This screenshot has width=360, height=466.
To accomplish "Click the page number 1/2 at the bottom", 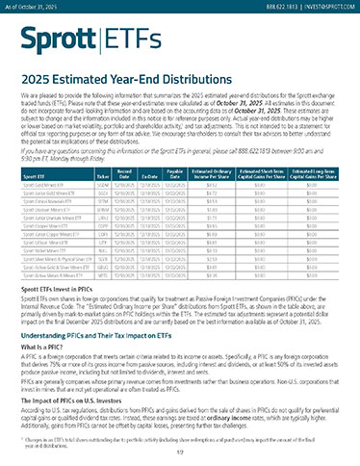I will click(x=180, y=458).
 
